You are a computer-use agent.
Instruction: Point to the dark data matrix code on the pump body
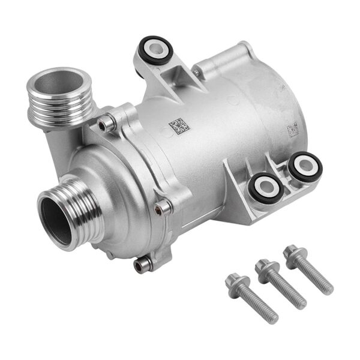pos(178,125)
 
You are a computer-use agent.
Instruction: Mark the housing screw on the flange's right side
pos(163,208)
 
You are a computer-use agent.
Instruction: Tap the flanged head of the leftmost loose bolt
pos(234,281)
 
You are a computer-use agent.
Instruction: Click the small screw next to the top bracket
pos(196,73)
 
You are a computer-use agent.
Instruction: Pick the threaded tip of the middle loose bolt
pos(301,303)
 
